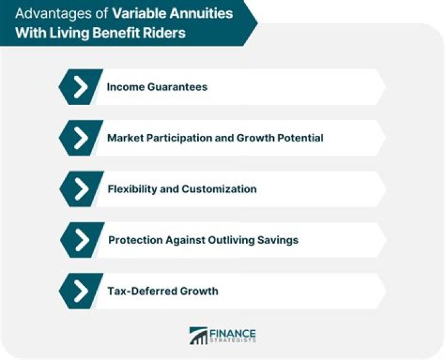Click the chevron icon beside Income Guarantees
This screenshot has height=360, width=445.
80,87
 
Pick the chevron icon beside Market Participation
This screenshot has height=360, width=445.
80,138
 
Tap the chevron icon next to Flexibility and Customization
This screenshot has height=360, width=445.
80,188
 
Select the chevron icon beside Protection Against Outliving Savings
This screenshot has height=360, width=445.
80,240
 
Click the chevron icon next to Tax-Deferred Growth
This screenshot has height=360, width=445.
80,290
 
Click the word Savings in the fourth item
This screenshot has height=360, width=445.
282,240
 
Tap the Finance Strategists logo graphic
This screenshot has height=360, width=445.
198,336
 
